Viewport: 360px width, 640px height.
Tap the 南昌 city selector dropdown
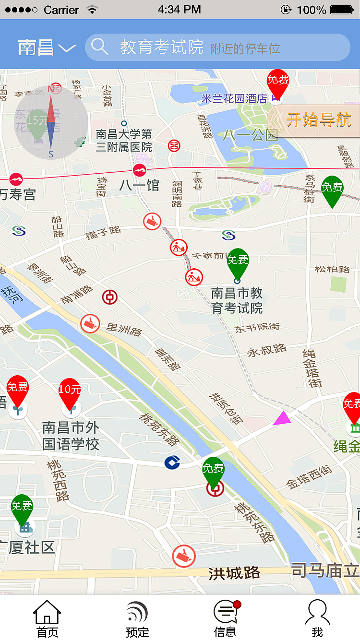point(47,47)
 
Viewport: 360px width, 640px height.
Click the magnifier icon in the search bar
point(99,47)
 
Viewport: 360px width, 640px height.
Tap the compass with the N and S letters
point(51,122)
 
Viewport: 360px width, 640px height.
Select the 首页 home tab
point(47,619)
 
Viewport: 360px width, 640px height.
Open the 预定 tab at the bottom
point(137,619)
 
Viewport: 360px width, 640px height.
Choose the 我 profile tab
point(317,619)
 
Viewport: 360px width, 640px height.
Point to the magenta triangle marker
point(283,418)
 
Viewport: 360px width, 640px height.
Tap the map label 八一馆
point(139,185)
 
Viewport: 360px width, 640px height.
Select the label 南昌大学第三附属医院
point(123,141)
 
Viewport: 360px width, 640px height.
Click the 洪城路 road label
point(234,573)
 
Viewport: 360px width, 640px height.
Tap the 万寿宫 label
point(18,195)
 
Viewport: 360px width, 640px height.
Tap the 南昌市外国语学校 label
point(71,436)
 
